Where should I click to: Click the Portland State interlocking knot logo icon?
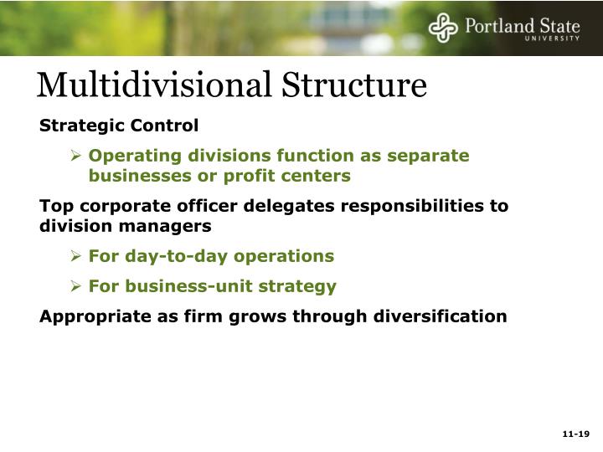pyautogui.click(x=443, y=28)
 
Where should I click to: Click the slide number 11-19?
pyautogui.click(x=576, y=434)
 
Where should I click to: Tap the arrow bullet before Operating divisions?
pyautogui.click(x=75, y=156)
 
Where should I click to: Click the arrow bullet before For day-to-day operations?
pyautogui.click(x=75, y=256)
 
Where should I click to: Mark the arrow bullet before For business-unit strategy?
pyautogui.click(x=75, y=286)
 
